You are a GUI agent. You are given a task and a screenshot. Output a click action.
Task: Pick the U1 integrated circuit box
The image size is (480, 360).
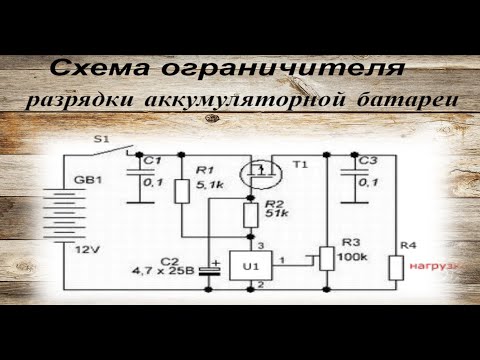tap(250, 267)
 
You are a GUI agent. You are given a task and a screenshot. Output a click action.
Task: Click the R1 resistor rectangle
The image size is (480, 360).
tap(182, 191)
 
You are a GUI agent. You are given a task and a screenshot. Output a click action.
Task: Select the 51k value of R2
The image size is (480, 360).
tap(277, 215)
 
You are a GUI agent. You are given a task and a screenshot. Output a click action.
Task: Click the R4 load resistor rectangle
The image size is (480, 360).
tap(396, 268)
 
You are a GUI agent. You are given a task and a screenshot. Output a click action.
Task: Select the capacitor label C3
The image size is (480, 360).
tap(367, 161)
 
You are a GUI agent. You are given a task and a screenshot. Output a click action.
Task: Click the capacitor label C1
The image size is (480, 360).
tap(152, 160)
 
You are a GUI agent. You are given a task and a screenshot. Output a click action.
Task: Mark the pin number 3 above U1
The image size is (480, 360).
tap(260, 245)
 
